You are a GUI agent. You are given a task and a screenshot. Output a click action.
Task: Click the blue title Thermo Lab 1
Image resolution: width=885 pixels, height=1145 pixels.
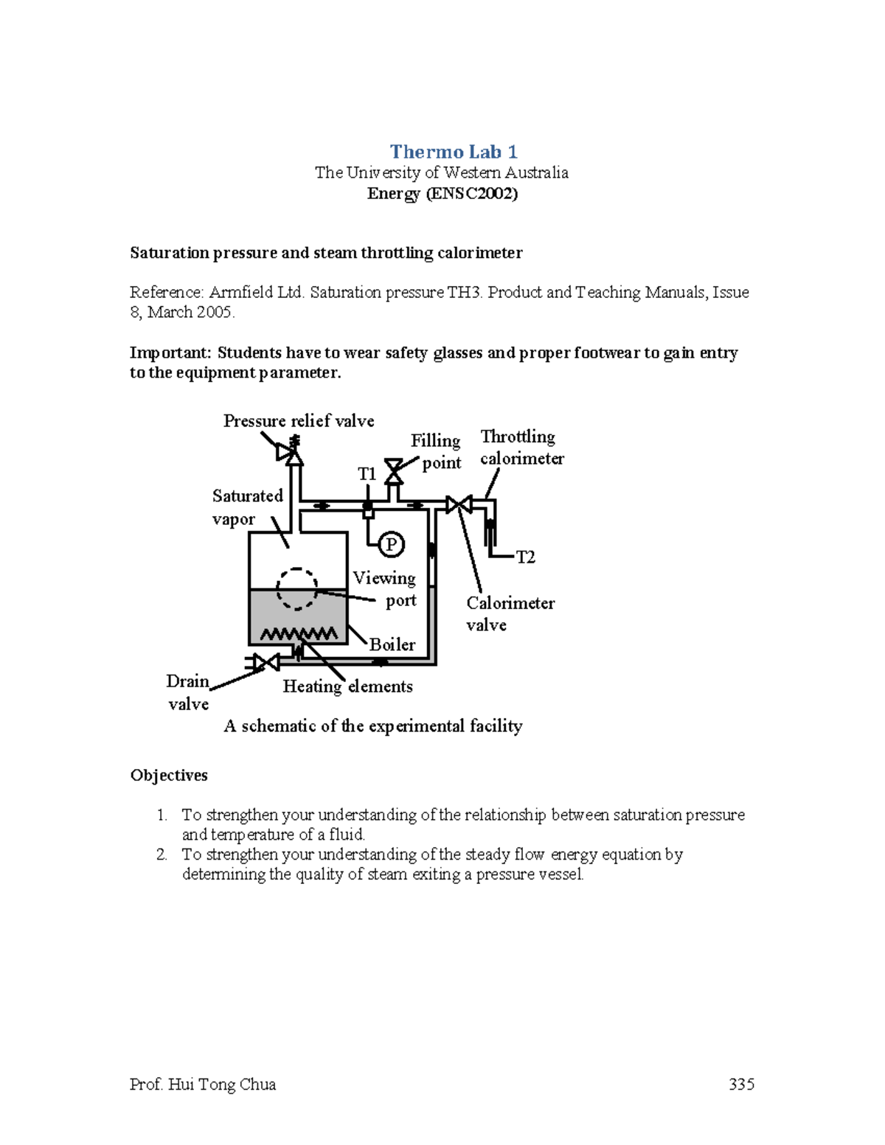click(x=453, y=152)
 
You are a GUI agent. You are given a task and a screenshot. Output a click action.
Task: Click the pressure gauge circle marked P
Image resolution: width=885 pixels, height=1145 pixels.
click(x=392, y=545)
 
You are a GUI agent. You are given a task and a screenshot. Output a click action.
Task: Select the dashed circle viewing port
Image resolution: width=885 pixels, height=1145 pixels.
click(x=297, y=588)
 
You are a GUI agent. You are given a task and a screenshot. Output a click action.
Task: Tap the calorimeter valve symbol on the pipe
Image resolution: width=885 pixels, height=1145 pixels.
click(x=459, y=504)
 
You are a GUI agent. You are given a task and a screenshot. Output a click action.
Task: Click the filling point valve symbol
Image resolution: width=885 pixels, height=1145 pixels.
click(x=395, y=469)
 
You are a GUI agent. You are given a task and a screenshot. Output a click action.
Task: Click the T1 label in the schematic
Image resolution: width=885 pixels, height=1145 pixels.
click(x=367, y=474)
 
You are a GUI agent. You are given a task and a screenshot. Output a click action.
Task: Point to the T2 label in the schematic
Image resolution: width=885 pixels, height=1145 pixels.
click(x=525, y=557)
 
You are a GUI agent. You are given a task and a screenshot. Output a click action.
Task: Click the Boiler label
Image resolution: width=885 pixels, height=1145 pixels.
click(x=392, y=644)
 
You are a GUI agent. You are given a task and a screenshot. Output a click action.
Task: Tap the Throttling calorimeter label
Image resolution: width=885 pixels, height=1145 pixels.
click(x=521, y=448)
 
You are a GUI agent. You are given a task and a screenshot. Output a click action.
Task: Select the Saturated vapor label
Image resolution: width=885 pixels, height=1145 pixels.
click(x=246, y=507)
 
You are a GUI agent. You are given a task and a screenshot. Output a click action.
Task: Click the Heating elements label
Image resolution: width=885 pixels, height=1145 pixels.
click(x=347, y=686)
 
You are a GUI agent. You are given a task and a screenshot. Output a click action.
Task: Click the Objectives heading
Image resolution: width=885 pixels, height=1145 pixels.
click(x=169, y=775)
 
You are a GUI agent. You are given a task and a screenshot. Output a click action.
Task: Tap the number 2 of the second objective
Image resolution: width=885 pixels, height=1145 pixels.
click(x=162, y=855)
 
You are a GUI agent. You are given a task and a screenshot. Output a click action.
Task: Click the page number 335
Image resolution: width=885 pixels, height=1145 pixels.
click(x=740, y=1084)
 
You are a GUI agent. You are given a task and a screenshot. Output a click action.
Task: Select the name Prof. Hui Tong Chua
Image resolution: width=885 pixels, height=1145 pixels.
click(x=203, y=1084)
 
